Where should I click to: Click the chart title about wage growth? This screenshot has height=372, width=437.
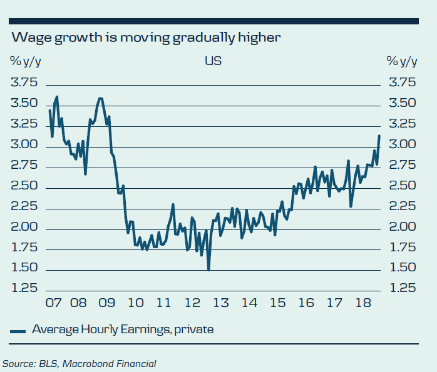tap(146, 38)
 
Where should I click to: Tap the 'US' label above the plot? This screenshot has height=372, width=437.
tap(213, 61)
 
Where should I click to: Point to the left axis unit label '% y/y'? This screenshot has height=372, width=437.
tap(26, 61)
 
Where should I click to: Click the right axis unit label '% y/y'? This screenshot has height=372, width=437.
tap(402, 61)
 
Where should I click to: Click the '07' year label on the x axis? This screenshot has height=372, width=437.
tap(53, 304)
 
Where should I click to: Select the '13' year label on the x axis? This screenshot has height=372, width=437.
tap(220, 304)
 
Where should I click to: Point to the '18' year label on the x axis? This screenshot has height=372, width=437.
tap(361, 304)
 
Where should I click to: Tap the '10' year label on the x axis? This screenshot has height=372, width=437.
tap(135, 304)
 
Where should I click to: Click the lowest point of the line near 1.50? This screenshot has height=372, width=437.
tap(208, 269)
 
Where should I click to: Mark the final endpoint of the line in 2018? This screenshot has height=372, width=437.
tap(379, 136)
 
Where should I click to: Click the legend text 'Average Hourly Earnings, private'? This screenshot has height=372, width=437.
tap(123, 329)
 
